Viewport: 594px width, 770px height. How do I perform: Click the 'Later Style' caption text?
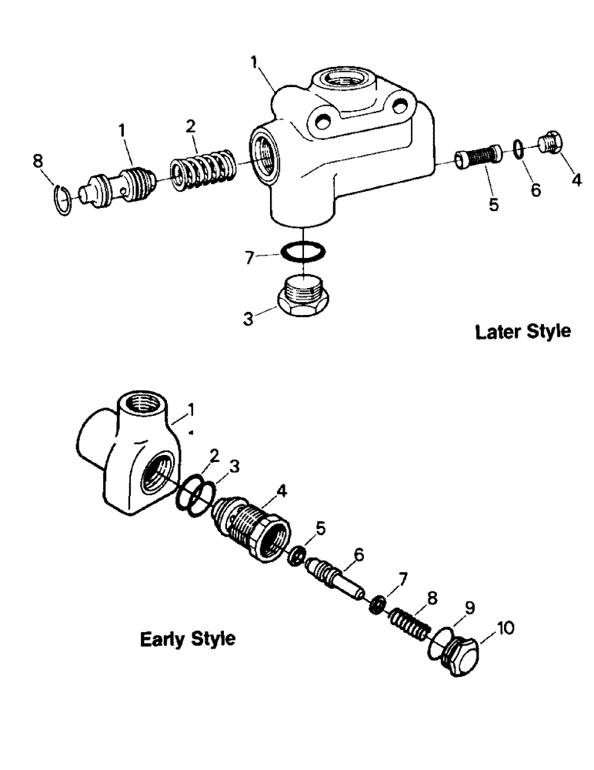[x=523, y=333]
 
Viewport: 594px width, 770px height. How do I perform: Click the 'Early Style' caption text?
[x=187, y=640]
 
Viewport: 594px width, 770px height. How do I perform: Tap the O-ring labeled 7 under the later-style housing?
[x=300, y=252]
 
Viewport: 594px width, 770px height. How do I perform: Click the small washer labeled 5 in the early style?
[x=297, y=555]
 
